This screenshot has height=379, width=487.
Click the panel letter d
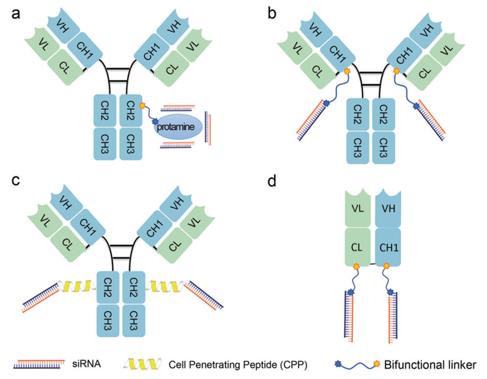pos(272,181)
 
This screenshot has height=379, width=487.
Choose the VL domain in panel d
pos(359,209)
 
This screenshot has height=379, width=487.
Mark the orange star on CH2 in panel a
pos(142,106)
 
